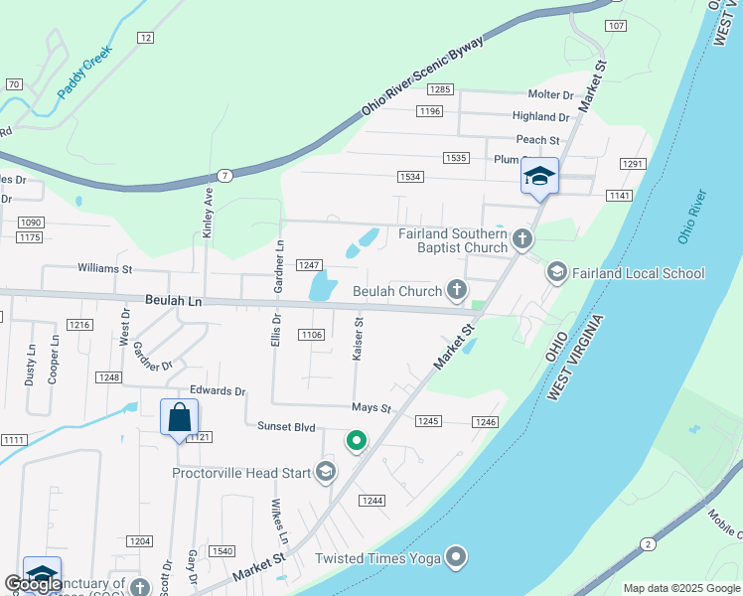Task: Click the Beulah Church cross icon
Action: (x=456, y=290)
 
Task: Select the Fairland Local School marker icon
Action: (x=557, y=271)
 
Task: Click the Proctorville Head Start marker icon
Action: (x=326, y=472)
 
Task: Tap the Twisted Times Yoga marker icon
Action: (x=456, y=557)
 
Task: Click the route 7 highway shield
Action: (x=225, y=175)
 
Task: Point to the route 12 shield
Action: (x=146, y=38)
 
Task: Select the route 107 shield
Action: (x=616, y=25)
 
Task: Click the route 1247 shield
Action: (x=310, y=264)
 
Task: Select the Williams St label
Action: (x=105, y=268)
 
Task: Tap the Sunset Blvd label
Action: (x=287, y=427)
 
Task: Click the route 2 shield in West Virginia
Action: (x=648, y=543)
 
